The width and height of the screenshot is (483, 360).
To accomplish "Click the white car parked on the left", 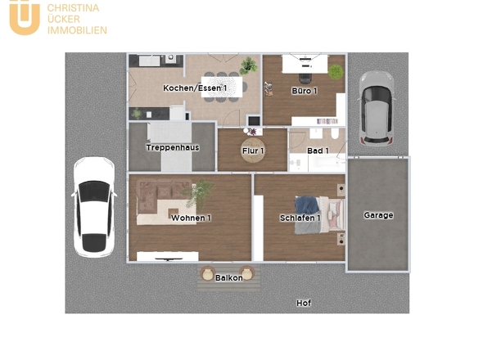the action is coord(94,207).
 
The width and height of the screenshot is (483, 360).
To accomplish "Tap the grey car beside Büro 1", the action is coord(376,108).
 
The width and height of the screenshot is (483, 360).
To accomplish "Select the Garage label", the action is coord(378,215).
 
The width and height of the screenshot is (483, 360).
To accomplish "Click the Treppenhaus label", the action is coord(173,147).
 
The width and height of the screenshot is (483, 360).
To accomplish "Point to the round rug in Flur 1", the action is coord(253,150).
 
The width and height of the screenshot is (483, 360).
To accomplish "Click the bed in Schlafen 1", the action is coord(319,214).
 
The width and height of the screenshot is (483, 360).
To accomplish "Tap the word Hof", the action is coord(304,303).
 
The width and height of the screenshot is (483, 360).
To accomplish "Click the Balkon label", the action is coord(229,278).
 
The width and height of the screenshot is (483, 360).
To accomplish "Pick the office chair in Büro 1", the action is coord(305,79).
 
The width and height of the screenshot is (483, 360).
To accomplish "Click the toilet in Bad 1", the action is coord(335,133).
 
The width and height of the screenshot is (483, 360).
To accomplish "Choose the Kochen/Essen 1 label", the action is coord(195,88).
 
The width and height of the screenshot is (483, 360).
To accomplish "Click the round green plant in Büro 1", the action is coord(336,72).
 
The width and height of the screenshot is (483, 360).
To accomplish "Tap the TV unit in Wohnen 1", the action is coord(168,256).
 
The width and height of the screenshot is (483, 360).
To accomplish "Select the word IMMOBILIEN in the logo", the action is coord(77,30).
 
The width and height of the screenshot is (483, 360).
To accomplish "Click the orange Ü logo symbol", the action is coord(25,17).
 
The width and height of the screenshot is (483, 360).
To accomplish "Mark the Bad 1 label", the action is coord(318,151).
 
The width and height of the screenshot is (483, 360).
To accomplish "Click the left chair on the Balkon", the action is coord(207,273).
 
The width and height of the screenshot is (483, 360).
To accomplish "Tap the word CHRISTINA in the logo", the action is coord(73,8).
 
